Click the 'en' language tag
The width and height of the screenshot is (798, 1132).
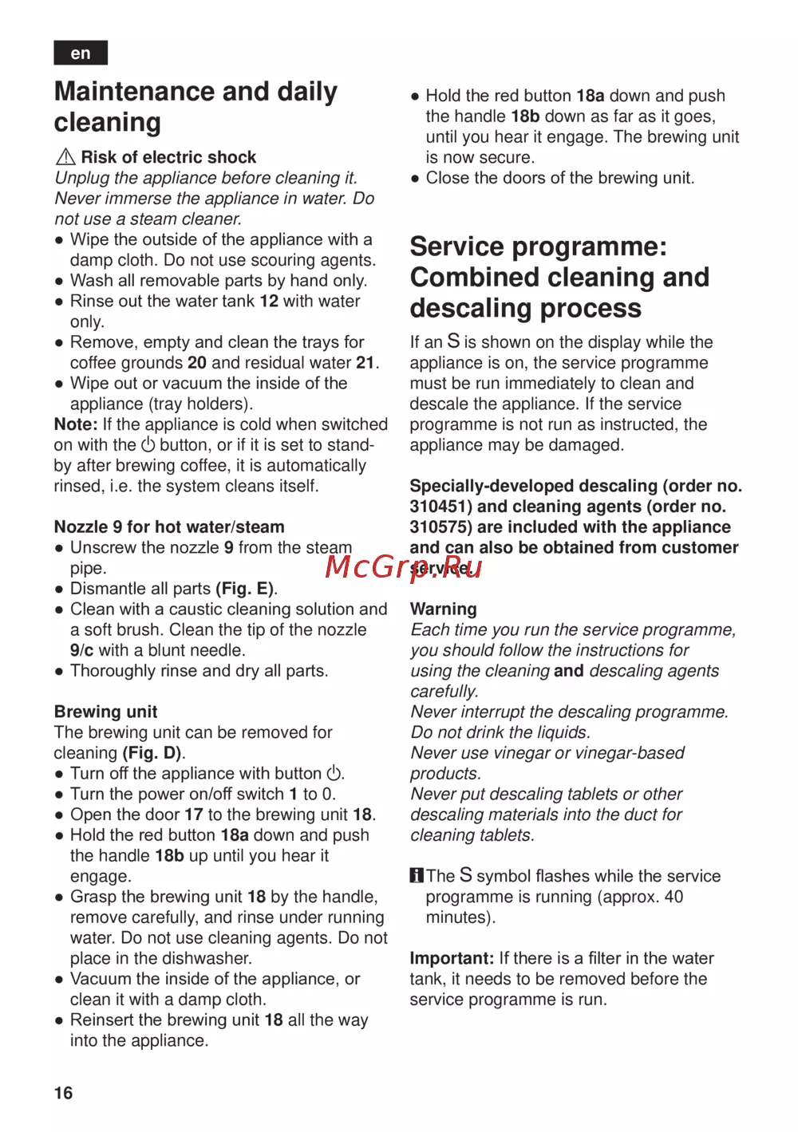[81, 53]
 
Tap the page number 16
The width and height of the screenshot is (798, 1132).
[64, 1093]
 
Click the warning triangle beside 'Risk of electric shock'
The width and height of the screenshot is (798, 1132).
[65, 157]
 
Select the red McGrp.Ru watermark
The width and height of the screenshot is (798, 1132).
[404, 566]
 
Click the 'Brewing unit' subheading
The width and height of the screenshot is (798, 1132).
[105, 712]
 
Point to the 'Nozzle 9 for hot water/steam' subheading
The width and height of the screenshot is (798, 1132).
[169, 527]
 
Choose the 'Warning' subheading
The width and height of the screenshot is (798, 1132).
[444, 609]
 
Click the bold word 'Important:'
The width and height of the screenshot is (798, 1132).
[452, 958]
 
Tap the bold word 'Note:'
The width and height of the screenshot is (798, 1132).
[76, 424]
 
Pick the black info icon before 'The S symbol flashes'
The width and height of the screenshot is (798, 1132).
[417, 876]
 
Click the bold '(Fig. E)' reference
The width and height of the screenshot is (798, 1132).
[246, 589]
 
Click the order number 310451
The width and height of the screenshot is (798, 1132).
[441, 507]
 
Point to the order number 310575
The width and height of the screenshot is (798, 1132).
[441, 527]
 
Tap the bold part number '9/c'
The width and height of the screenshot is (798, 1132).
[81, 650]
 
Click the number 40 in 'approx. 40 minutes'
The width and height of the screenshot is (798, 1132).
[674, 897]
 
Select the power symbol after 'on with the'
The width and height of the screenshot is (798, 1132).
[148, 445]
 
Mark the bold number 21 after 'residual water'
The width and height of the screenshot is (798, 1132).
[365, 363]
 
